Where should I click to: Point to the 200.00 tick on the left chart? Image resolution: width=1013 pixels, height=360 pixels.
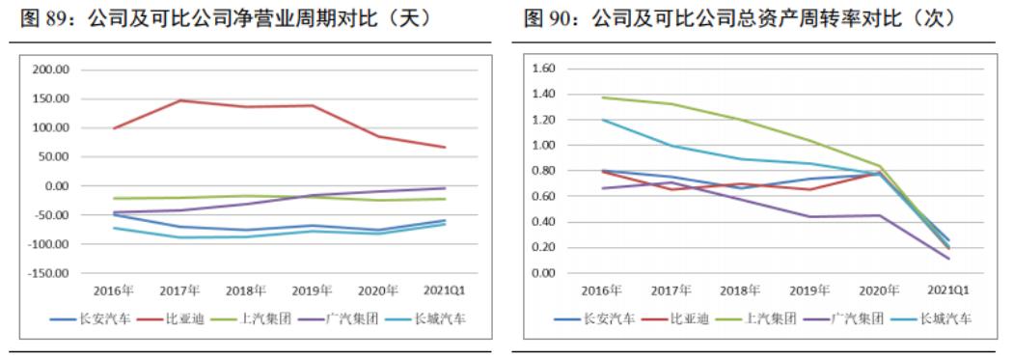(x=50, y=70)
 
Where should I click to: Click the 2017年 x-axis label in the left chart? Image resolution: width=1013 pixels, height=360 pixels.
(x=180, y=290)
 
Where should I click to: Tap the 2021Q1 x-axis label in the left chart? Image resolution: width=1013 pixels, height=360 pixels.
(x=444, y=290)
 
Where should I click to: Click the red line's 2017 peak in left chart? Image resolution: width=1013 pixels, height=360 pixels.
(x=180, y=100)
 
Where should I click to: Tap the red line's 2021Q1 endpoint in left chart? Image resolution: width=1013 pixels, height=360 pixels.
(x=444, y=148)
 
